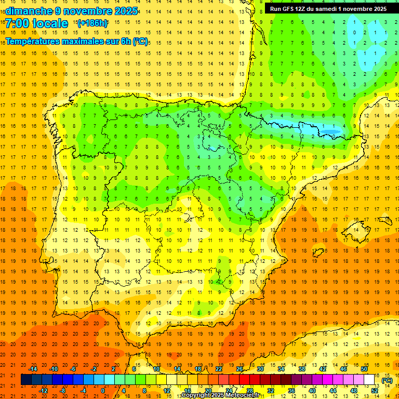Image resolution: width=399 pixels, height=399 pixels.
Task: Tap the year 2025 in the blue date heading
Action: point(126,11)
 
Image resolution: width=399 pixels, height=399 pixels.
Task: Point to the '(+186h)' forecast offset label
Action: point(92,23)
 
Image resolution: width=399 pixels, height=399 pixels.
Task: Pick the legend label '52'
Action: point(375,390)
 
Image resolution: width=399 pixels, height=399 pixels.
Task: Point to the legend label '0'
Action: point(103,390)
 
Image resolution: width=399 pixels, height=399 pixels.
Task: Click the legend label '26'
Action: point(240,369)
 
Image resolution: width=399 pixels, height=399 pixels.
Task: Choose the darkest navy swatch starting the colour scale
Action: point(26,380)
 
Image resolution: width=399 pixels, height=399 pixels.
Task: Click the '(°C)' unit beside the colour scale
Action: point(387,380)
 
